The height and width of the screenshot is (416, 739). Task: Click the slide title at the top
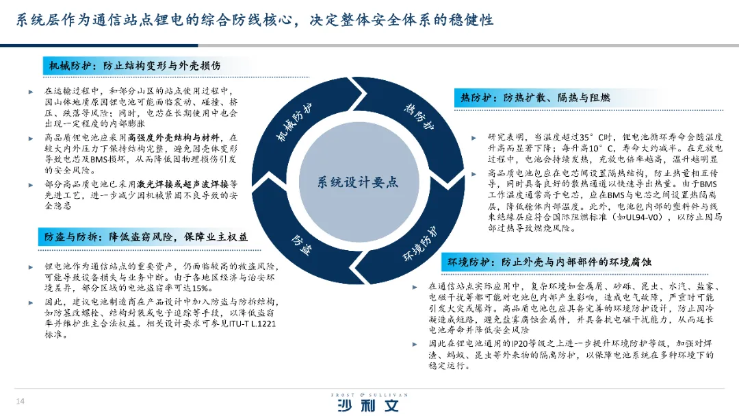(255, 20)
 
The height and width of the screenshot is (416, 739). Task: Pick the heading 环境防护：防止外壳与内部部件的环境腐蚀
(549, 262)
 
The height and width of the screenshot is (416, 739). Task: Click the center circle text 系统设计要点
(357, 182)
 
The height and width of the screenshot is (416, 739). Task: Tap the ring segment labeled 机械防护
(294, 123)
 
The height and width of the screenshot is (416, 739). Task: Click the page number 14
(21, 400)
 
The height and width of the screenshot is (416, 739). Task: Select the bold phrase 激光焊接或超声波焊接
(181, 184)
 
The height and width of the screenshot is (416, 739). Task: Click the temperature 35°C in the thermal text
(597, 137)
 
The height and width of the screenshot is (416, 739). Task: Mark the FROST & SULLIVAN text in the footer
(369, 395)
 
